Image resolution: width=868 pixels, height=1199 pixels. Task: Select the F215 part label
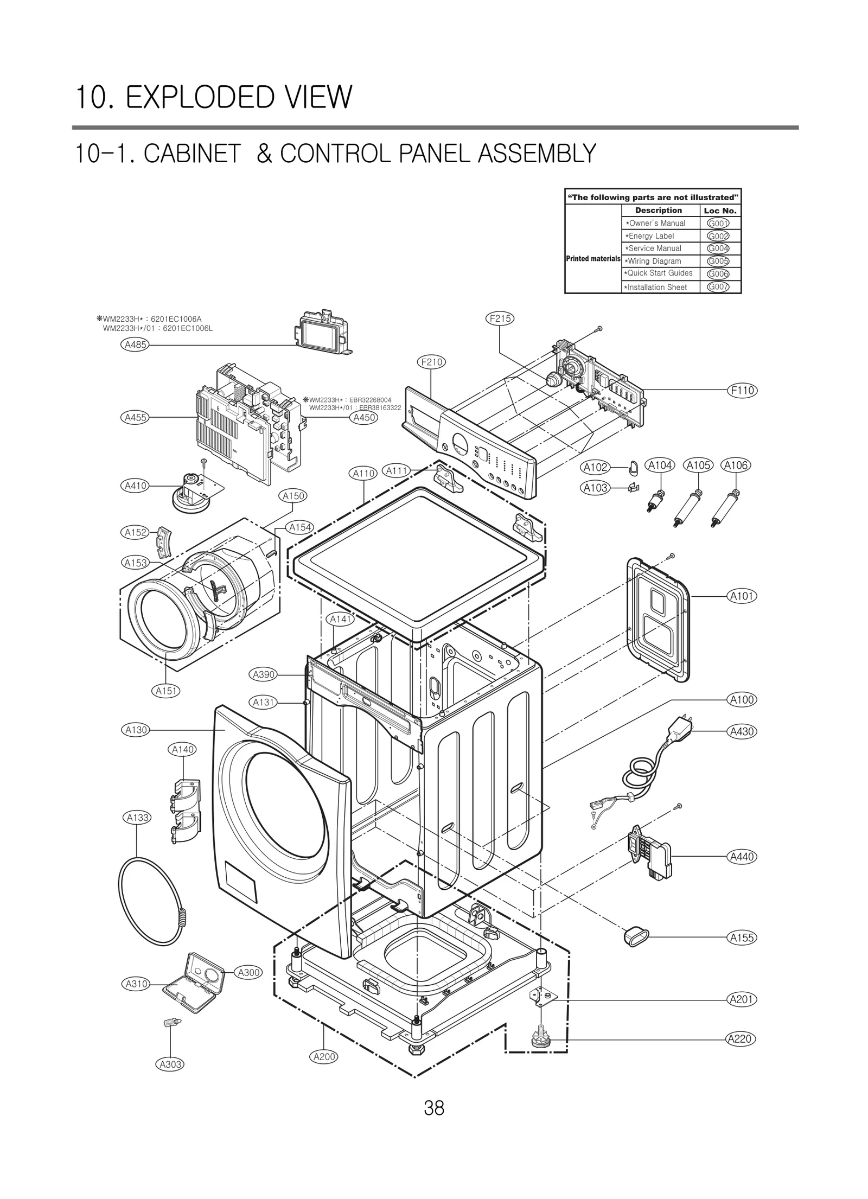coord(499,318)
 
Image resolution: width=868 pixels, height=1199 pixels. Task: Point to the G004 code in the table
coord(718,248)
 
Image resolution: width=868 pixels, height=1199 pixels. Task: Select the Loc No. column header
coord(720,211)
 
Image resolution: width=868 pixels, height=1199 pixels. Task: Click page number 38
coord(434,1108)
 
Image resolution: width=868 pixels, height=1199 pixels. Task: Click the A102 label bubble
coord(595,467)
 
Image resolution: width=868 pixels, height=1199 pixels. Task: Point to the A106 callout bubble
coord(735,465)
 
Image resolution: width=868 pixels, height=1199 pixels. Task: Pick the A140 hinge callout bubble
coord(183,749)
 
